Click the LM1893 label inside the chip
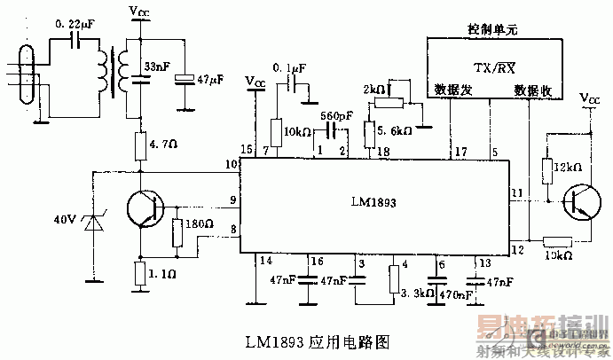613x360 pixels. click(372, 202)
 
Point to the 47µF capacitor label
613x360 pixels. click(211, 80)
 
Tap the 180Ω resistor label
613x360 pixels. click(200, 223)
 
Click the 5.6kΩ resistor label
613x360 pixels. click(396, 129)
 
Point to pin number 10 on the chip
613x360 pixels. click(232, 164)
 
